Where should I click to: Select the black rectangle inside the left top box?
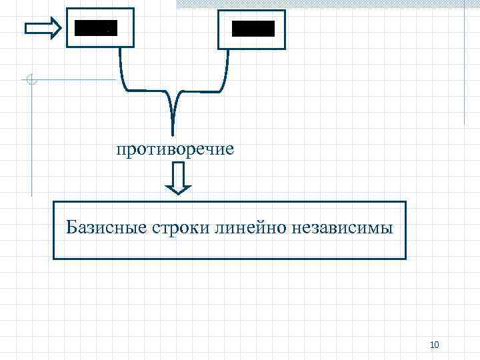(x=95, y=28)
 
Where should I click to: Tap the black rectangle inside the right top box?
(x=253, y=29)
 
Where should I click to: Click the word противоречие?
(x=175, y=148)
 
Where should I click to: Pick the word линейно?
(x=250, y=229)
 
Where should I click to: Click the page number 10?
(x=435, y=344)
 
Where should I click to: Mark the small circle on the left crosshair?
(x=31, y=81)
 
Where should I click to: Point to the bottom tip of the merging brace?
(x=173, y=133)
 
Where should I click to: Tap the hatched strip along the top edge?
(x=327, y=3)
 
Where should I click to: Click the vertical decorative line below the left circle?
(x=31, y=140)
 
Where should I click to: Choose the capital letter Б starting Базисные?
(x=71, y=229)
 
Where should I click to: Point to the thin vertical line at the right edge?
(x=464, y=67)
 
